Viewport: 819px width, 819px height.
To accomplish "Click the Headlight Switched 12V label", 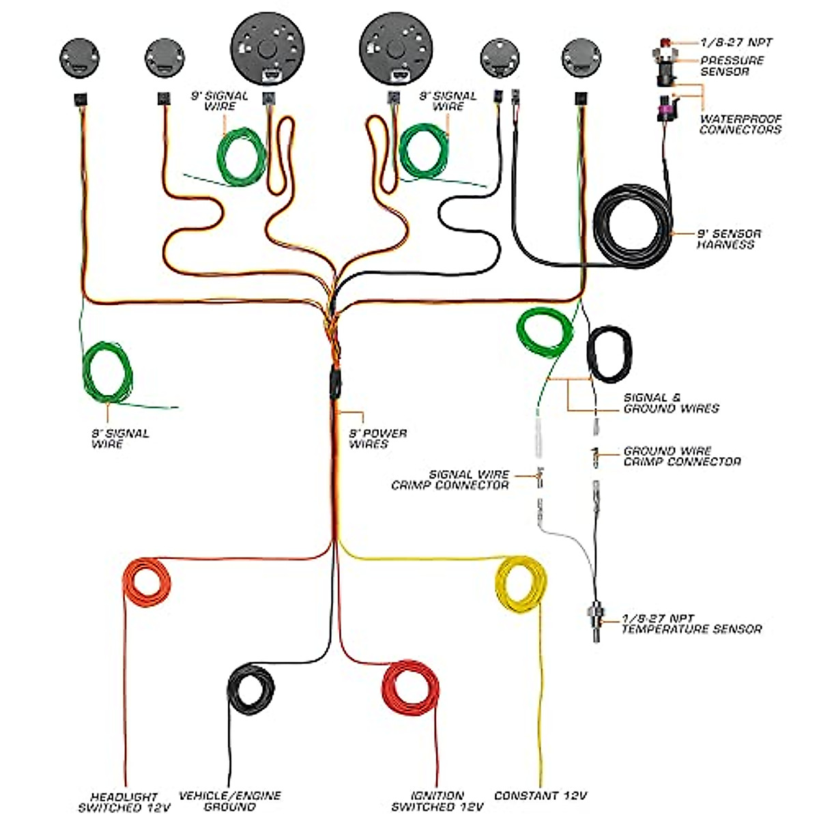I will click(124, 802).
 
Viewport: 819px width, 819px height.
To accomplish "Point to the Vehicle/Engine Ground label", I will click(229, 801).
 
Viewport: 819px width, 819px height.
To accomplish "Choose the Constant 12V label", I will click(541, 796).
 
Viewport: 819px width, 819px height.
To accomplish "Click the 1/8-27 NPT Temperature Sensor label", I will click(691, 624).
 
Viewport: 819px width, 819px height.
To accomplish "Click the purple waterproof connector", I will click(663, 109).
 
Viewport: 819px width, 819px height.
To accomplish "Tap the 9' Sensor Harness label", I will click(728, 239).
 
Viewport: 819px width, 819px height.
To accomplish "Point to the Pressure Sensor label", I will click(732, 66).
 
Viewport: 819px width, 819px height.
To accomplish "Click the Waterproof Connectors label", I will click(741, 124).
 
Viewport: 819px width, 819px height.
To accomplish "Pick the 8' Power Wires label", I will click(377, 438).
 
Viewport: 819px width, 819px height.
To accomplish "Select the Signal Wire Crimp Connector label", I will click(450, 479).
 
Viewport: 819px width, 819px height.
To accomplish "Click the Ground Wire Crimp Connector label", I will click(682, 456).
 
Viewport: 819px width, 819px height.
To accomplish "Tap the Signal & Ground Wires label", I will click(671, 403).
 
